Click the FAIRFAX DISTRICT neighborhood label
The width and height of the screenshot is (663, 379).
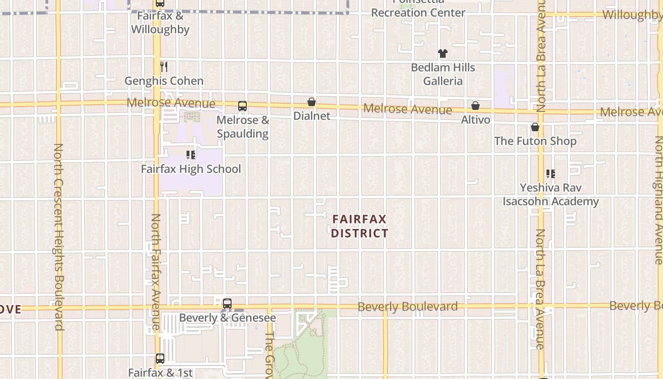pos(359,226)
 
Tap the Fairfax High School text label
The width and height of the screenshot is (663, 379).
pos(191,169)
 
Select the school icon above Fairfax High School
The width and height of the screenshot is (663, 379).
pos(191,154)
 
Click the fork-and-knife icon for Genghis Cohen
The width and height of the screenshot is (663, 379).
pos(164,66)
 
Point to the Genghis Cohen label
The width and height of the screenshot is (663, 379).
pos(164,81)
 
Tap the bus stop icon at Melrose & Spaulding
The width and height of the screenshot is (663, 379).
pos(242,106)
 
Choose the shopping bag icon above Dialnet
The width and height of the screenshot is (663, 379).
pos(312,102)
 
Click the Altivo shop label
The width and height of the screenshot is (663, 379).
pos(475,120)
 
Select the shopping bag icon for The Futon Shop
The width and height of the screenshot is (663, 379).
pos(535,127)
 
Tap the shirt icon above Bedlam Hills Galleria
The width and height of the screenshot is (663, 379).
pos(442,54)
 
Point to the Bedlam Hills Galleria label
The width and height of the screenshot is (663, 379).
pos(442,74)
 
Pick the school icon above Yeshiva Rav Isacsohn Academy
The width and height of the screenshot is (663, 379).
pos(550,174)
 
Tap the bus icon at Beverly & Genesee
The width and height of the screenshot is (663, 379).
pos(227,304)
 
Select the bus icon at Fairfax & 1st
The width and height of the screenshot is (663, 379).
pos(160,359)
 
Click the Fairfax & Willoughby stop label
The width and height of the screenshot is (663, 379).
pos(160,23)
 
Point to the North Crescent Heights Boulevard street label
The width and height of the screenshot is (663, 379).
pos(58,237)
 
